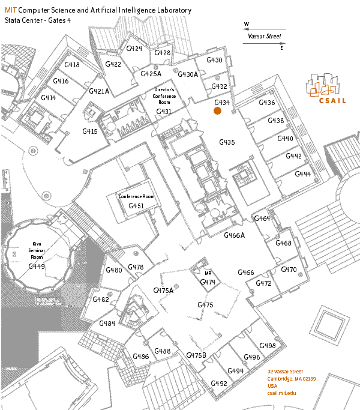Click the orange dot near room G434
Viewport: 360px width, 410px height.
(x=218, y=110)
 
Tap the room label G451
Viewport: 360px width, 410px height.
(x=136, y=206)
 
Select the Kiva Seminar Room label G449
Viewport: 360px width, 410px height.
(x=37, y=266)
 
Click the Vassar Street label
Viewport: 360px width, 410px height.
(x=265, y=36)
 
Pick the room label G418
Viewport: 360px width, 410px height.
(x=71, y=65)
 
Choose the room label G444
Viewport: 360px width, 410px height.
(x=303, y=173)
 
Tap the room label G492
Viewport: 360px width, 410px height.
(x=219, y=383)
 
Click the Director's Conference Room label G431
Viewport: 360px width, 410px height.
(x=164, y=112)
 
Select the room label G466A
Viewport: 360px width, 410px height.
(x=235, y=235)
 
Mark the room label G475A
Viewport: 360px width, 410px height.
(x=163, y=291)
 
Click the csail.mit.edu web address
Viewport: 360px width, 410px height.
(x=282, y=393)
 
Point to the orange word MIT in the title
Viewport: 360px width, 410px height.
(x=11, y=11)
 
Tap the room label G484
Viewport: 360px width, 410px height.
(x=107, y=324)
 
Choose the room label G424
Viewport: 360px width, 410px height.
(x=134, y=49)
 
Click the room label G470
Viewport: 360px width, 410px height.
(x=289, y=270)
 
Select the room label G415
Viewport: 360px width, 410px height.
(x=89, y=131)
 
